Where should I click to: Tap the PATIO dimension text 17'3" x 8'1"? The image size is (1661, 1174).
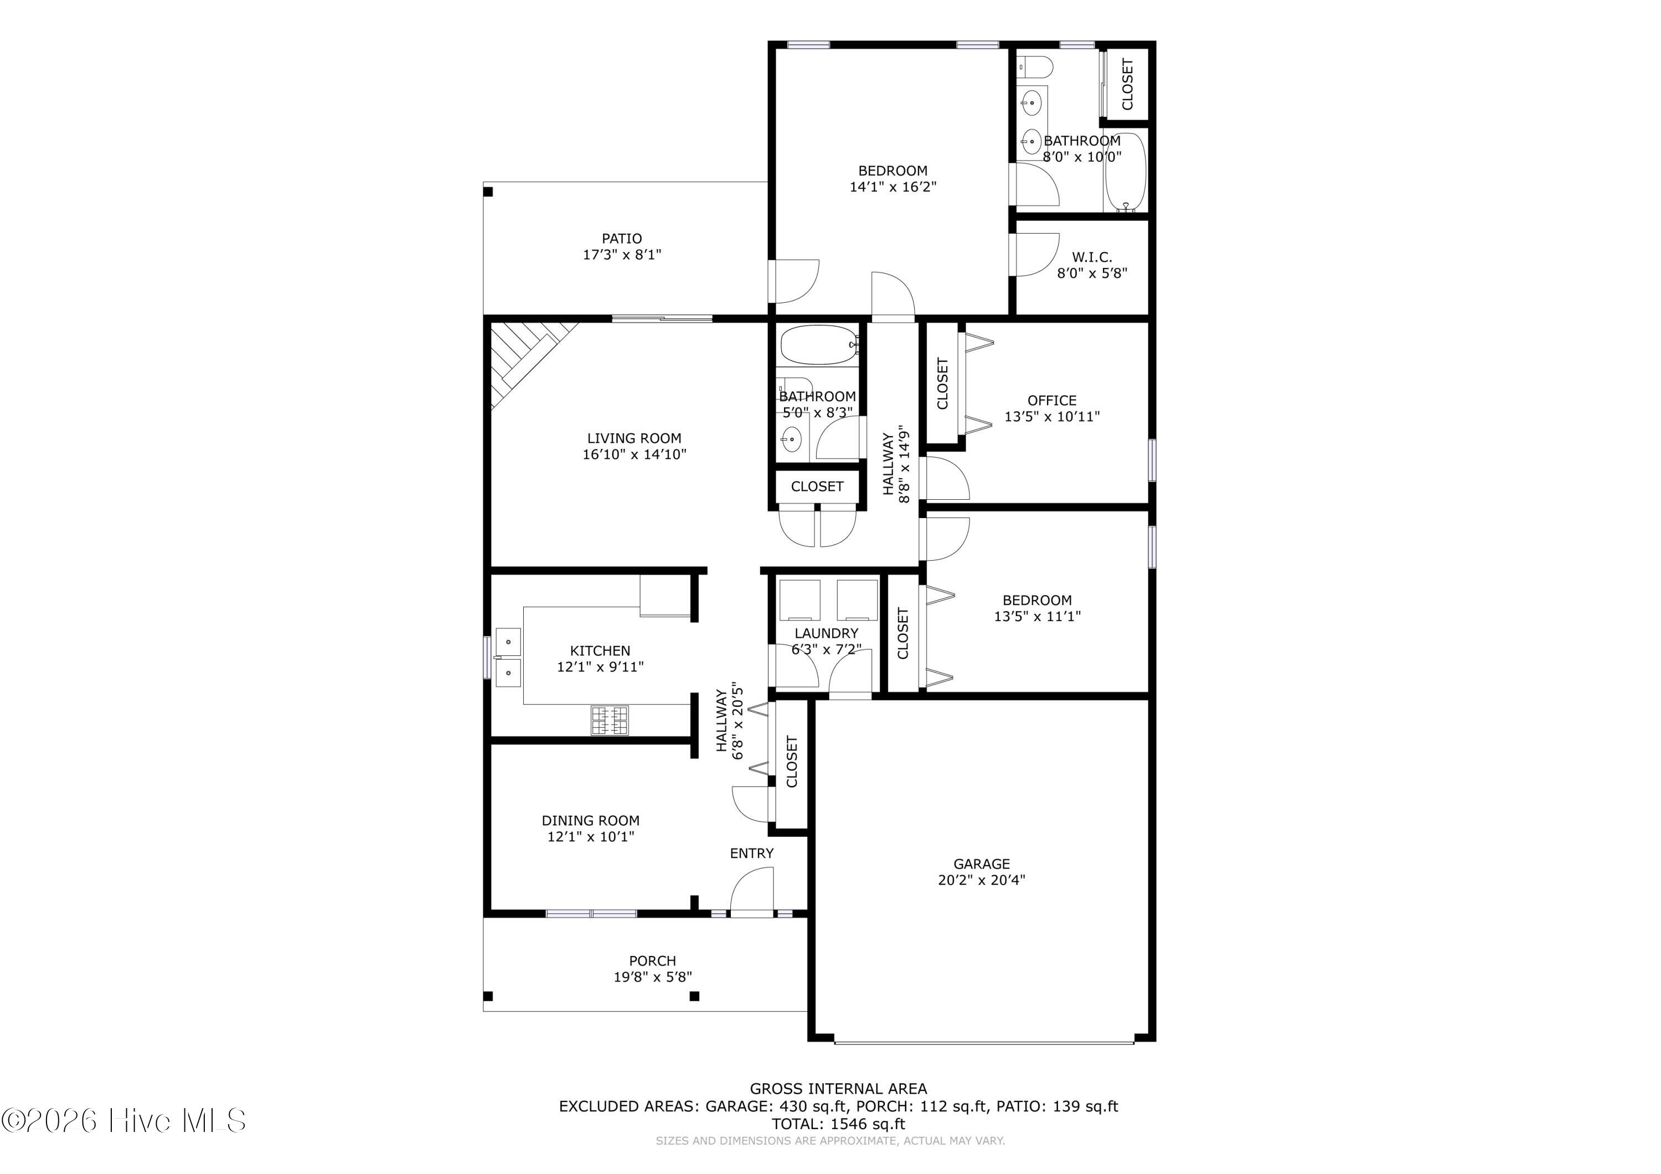(x=622, y=255)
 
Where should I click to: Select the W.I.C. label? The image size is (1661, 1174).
(x=1092, y=257)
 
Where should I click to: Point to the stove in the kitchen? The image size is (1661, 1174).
(x=609, y=721)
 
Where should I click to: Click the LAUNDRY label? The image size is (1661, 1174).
(x=826, y=633)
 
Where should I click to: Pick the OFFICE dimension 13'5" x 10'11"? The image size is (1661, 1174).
(x=1052, y=417)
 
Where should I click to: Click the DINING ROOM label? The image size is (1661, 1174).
(x=590, y=820)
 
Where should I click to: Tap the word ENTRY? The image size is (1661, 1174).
(x=752, y=854)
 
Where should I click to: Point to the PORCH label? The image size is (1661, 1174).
(x=653, y=960)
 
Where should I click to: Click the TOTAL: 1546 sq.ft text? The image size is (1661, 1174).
(x=838, y=1124)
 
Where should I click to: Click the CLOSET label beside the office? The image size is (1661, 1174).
(x=943, y=384)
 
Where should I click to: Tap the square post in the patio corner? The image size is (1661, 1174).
(x=488, y=192)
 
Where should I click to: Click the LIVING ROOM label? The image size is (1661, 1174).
(x=634, y=438)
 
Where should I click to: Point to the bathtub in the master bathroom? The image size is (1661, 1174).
(x=1125, y=172)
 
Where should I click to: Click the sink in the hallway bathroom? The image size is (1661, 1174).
(x=791, y=439)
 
